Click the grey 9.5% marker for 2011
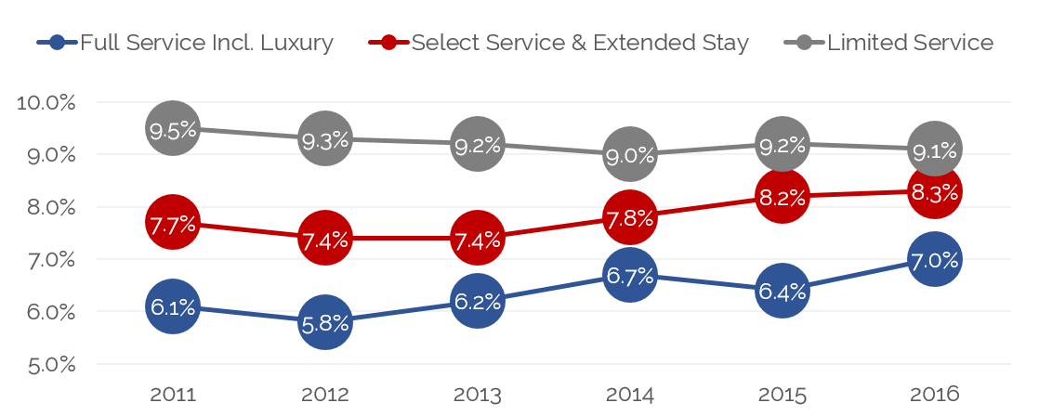pyautogui.click(x=172, y=129)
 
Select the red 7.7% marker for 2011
pyautogui.click(x=172, y=223)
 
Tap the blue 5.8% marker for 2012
pyautogui.click(x=324, y=322)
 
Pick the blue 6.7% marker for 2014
pyautogui.click(x=629, y=275)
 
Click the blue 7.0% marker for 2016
pyautogui.click(x=934, y=259)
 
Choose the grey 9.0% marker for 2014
pyautogui.click(x=629, y=154)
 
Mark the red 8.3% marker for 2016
pyautogui.click(x=934, y=191)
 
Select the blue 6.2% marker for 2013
pyautogui.click(x=477, y=301)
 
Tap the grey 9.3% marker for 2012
pyautogui.click(x=324, y=139)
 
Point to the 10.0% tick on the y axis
pyautogui.click(x=46, y=102)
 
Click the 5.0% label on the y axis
pyautogui.click(x=46, y=364)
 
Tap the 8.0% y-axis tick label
pyautogui.click(x=46, y=207)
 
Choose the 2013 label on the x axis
pyautogui.click(x=477, y=394)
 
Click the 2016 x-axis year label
pyautogui.click(x=934, y=394)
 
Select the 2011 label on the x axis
pyautogui.click(x=172, y=394)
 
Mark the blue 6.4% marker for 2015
pyautogui.click(x=782, y=291)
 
